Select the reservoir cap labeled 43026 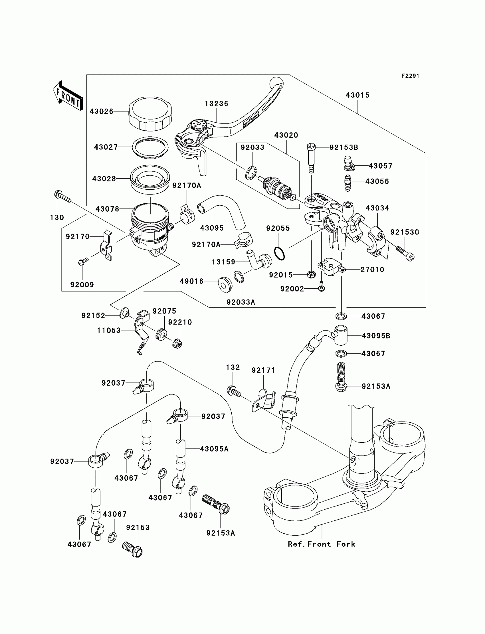coord(150,114)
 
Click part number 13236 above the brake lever coord(217,104)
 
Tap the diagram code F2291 coord(410,76)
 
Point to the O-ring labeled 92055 coord(279,253)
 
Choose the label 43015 coord(358,95)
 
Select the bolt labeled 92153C coord(405,253)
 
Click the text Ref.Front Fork coord(322,544)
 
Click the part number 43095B coord(376,336)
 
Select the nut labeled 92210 coord(177,343)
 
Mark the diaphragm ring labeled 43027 coord(150,147)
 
